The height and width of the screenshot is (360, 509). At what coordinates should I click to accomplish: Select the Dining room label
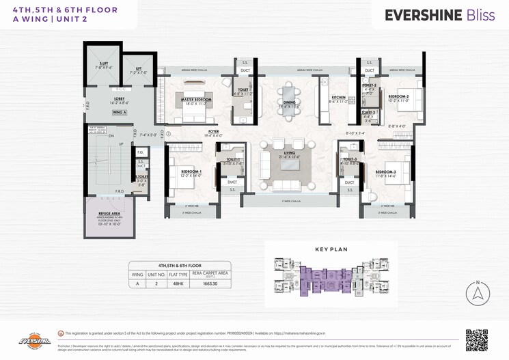(288, 104)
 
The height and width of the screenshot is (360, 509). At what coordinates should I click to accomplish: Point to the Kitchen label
(338, 98)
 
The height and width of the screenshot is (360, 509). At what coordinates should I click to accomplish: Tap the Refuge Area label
(109, 214)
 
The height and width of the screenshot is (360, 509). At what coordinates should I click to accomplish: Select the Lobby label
(119, 98)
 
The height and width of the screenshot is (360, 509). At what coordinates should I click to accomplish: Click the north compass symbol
(478, 294)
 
